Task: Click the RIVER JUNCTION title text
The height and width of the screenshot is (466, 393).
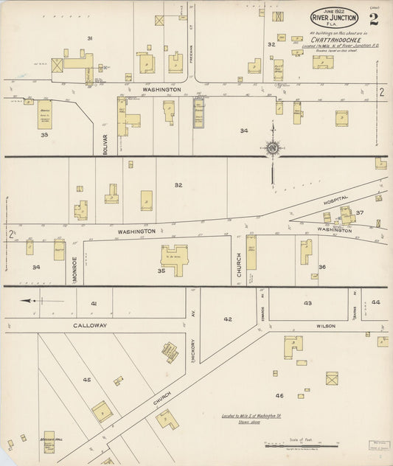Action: click(334, 18)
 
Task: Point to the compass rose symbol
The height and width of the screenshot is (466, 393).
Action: click(273, 148)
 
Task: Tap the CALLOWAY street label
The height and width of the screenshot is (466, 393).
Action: click(90, 325)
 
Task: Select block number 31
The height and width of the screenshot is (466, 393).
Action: click(90, 38)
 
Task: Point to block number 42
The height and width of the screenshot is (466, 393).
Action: click(228, 319)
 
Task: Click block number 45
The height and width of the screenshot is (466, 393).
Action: click(87, 380)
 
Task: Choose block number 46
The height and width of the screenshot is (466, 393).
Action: click(279, 396)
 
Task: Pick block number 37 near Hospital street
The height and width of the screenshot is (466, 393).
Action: click(360, 213)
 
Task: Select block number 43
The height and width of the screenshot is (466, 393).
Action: click(307, 303)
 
